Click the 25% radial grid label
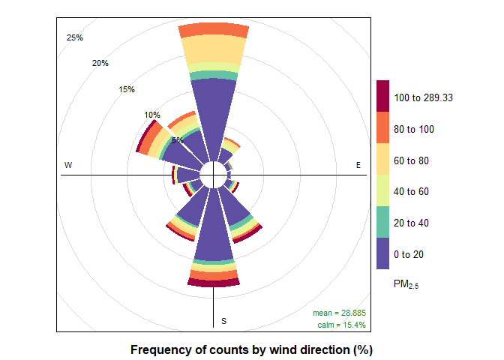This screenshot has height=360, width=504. [x=75, y=37]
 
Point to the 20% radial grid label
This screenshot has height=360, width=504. [x=100, y=63]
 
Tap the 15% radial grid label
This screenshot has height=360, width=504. [x=127, y=90]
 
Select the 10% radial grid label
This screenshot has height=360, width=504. [x=152, y=115]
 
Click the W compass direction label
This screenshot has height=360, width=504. [x=68, y=165]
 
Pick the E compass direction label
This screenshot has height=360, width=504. [x=358, y=165]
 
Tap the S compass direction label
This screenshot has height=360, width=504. [x=223, y=322]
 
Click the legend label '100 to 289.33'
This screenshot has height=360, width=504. [x=424, y=97]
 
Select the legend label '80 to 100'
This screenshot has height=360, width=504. [x=414, y=129]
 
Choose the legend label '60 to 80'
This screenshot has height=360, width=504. [x=412, y=160]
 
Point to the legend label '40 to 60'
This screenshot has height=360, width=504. [x=412, y=191]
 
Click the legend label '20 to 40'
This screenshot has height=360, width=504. [x=412, y=223]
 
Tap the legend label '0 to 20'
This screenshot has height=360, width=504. [x=409, y=254]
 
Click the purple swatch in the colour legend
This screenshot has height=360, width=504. [x=382, y=253]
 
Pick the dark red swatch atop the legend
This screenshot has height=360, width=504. [x=382, y=97]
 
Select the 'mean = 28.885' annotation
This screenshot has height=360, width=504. [x=339, y=312]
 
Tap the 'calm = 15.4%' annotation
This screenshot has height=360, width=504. [x=341, y=325]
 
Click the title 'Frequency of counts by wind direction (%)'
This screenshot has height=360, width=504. [x=251, y=350]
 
